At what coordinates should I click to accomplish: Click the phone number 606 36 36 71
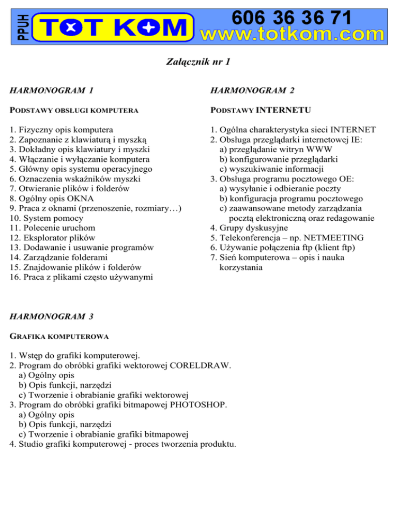pos(293,18)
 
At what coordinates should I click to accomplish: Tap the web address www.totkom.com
pos(297,35)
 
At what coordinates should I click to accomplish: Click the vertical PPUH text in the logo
pos(19,23)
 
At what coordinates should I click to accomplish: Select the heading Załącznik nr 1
pos(198,62)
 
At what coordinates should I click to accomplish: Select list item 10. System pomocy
pos(44,218)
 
